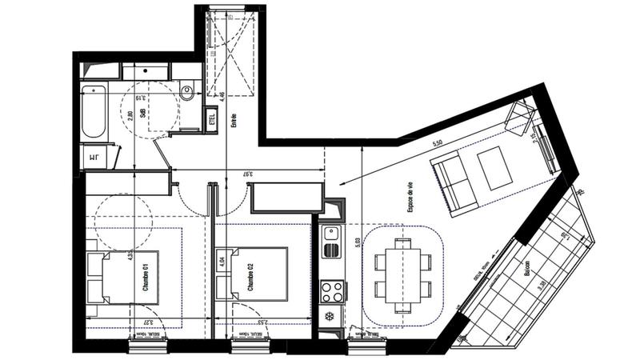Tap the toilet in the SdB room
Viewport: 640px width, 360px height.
click(188, 92)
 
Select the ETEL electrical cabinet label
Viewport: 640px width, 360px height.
click(213, 121)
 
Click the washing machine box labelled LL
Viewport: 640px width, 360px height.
click(94, 156)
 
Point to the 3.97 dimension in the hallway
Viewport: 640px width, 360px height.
click(249, 173)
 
